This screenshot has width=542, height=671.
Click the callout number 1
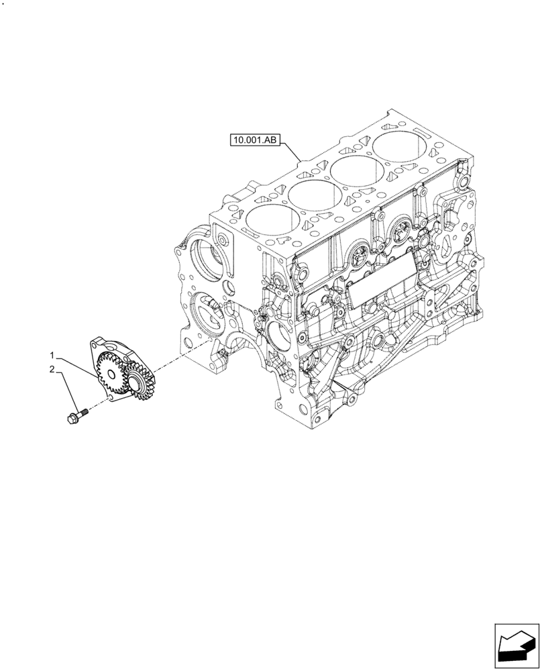[x=51, y=354]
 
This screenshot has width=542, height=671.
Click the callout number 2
[x=51, y=369]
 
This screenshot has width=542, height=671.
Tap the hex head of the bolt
[x=72, y=419]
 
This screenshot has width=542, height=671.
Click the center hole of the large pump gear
[x=131, y=384]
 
